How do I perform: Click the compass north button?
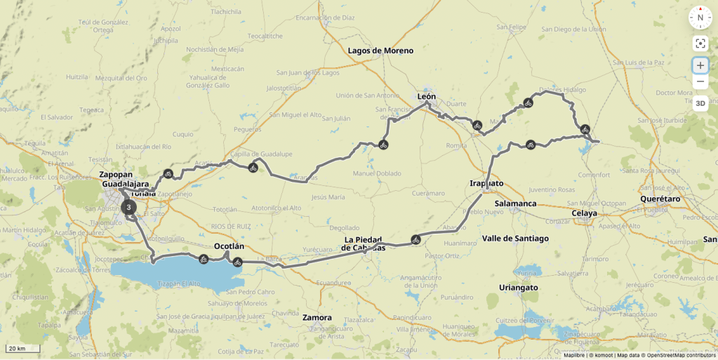(700, 18)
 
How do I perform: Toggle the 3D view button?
(700, 103)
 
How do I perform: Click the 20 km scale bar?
(23, 349)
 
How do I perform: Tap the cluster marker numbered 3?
(128, 207)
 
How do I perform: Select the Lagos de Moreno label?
(380, 51)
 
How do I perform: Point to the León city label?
(426, 96)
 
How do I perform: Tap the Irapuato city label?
(486, 183)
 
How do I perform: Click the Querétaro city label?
(660, 199)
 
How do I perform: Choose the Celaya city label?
(584, 213)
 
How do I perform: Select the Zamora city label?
(317, 317)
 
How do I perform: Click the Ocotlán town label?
(229, 246)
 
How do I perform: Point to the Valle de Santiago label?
(515, 239)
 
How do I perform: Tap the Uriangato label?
(518, 288)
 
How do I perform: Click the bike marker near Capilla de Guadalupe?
(253, 167)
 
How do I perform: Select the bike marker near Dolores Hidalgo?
(528, 103)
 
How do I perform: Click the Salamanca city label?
(515, 203)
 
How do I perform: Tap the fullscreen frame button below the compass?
(700, 44)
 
